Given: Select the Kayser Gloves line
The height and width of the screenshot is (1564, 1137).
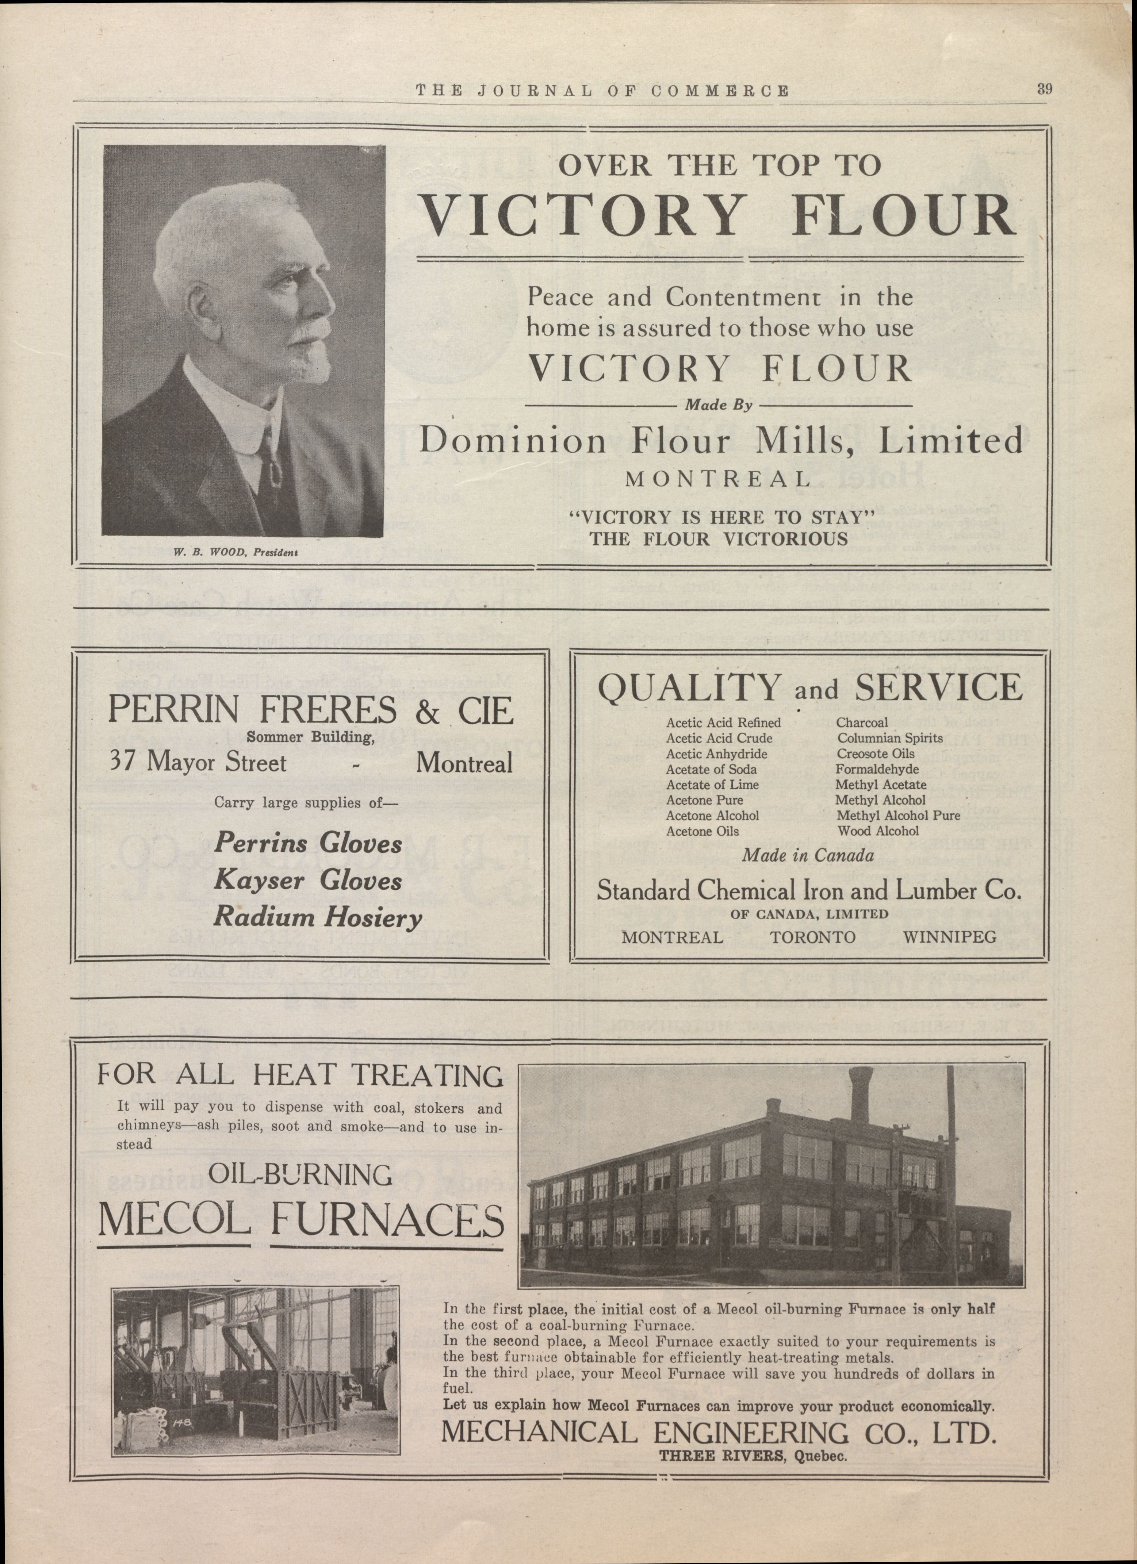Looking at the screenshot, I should (307, 881).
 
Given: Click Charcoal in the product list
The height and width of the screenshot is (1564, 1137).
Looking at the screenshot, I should (862, 723).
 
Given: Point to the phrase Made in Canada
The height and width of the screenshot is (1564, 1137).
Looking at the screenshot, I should (808, 856).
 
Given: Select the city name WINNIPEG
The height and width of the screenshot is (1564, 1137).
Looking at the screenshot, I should (949, 937).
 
